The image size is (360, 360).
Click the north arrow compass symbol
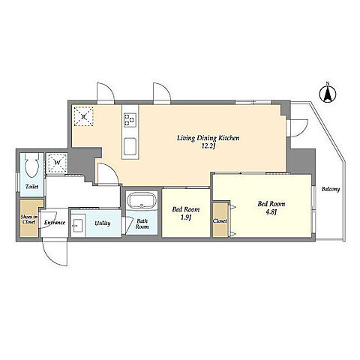click(x=328, y=94)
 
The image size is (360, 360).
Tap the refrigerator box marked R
click(x=84, y=116)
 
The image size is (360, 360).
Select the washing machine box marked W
click(x=57, y=163)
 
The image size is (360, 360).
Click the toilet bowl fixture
click(x=31, y=165)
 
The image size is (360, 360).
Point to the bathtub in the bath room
click(x=142, y=200)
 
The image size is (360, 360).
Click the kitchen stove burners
click(x=130, y=119)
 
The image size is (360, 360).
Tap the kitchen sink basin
click(x=130, y=147)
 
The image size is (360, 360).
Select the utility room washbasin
click(x=78, y=226)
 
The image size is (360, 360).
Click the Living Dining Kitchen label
click(x=208, y=138)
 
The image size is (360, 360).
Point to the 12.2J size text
click(x=208, y=146)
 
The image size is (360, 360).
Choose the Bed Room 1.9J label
click(x=186, y=213)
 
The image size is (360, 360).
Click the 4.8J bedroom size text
click(x=271, y=212)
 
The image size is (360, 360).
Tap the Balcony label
click(x=331, y=189)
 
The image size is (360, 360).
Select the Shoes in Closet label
click(x=29, y=219)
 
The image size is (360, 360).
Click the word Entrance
click(x=55, y=223)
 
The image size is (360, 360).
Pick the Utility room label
click(x=103, y=223)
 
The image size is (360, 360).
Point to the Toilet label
click(x=32, y=187)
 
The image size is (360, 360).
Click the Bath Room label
click(x=142, y=224)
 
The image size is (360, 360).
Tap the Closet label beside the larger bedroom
click(x=220, y=220)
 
